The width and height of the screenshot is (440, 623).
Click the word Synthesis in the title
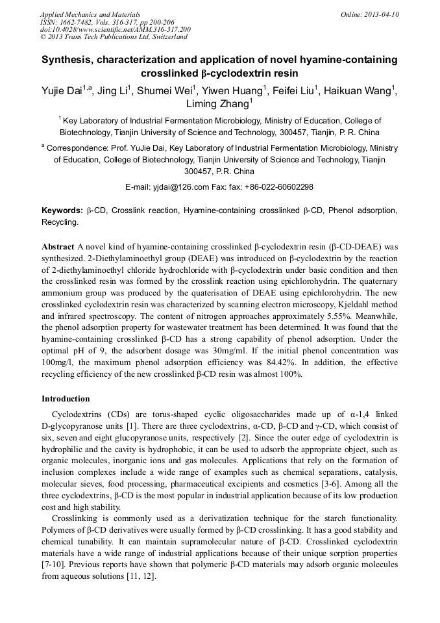(x=69, y=60)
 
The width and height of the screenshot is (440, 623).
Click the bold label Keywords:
(x=62, y=210)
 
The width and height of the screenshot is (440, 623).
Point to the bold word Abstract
(x=58, y=248)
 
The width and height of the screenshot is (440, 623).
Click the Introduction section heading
(x=66, y=398)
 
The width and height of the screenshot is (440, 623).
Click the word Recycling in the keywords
(x=60, y=222)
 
